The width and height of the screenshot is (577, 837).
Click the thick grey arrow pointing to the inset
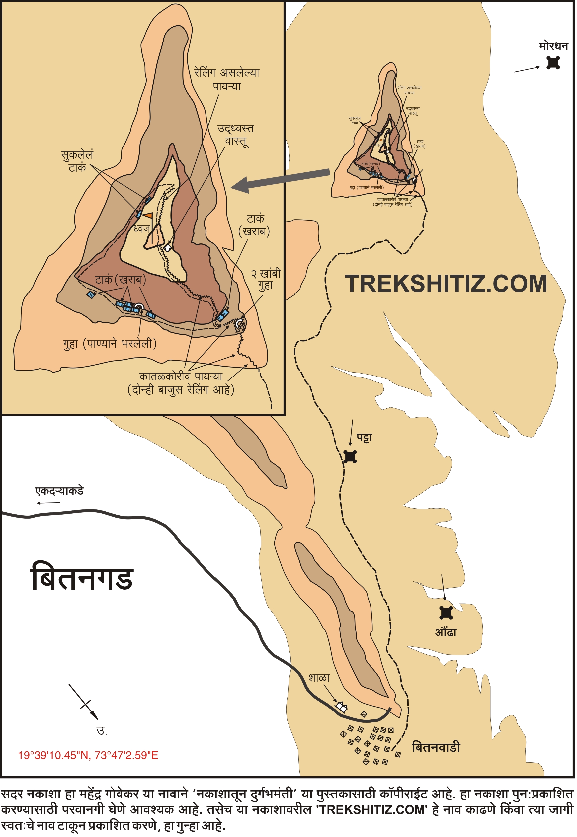(282, 179)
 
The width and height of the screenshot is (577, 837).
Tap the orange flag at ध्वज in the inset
(148, 216)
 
